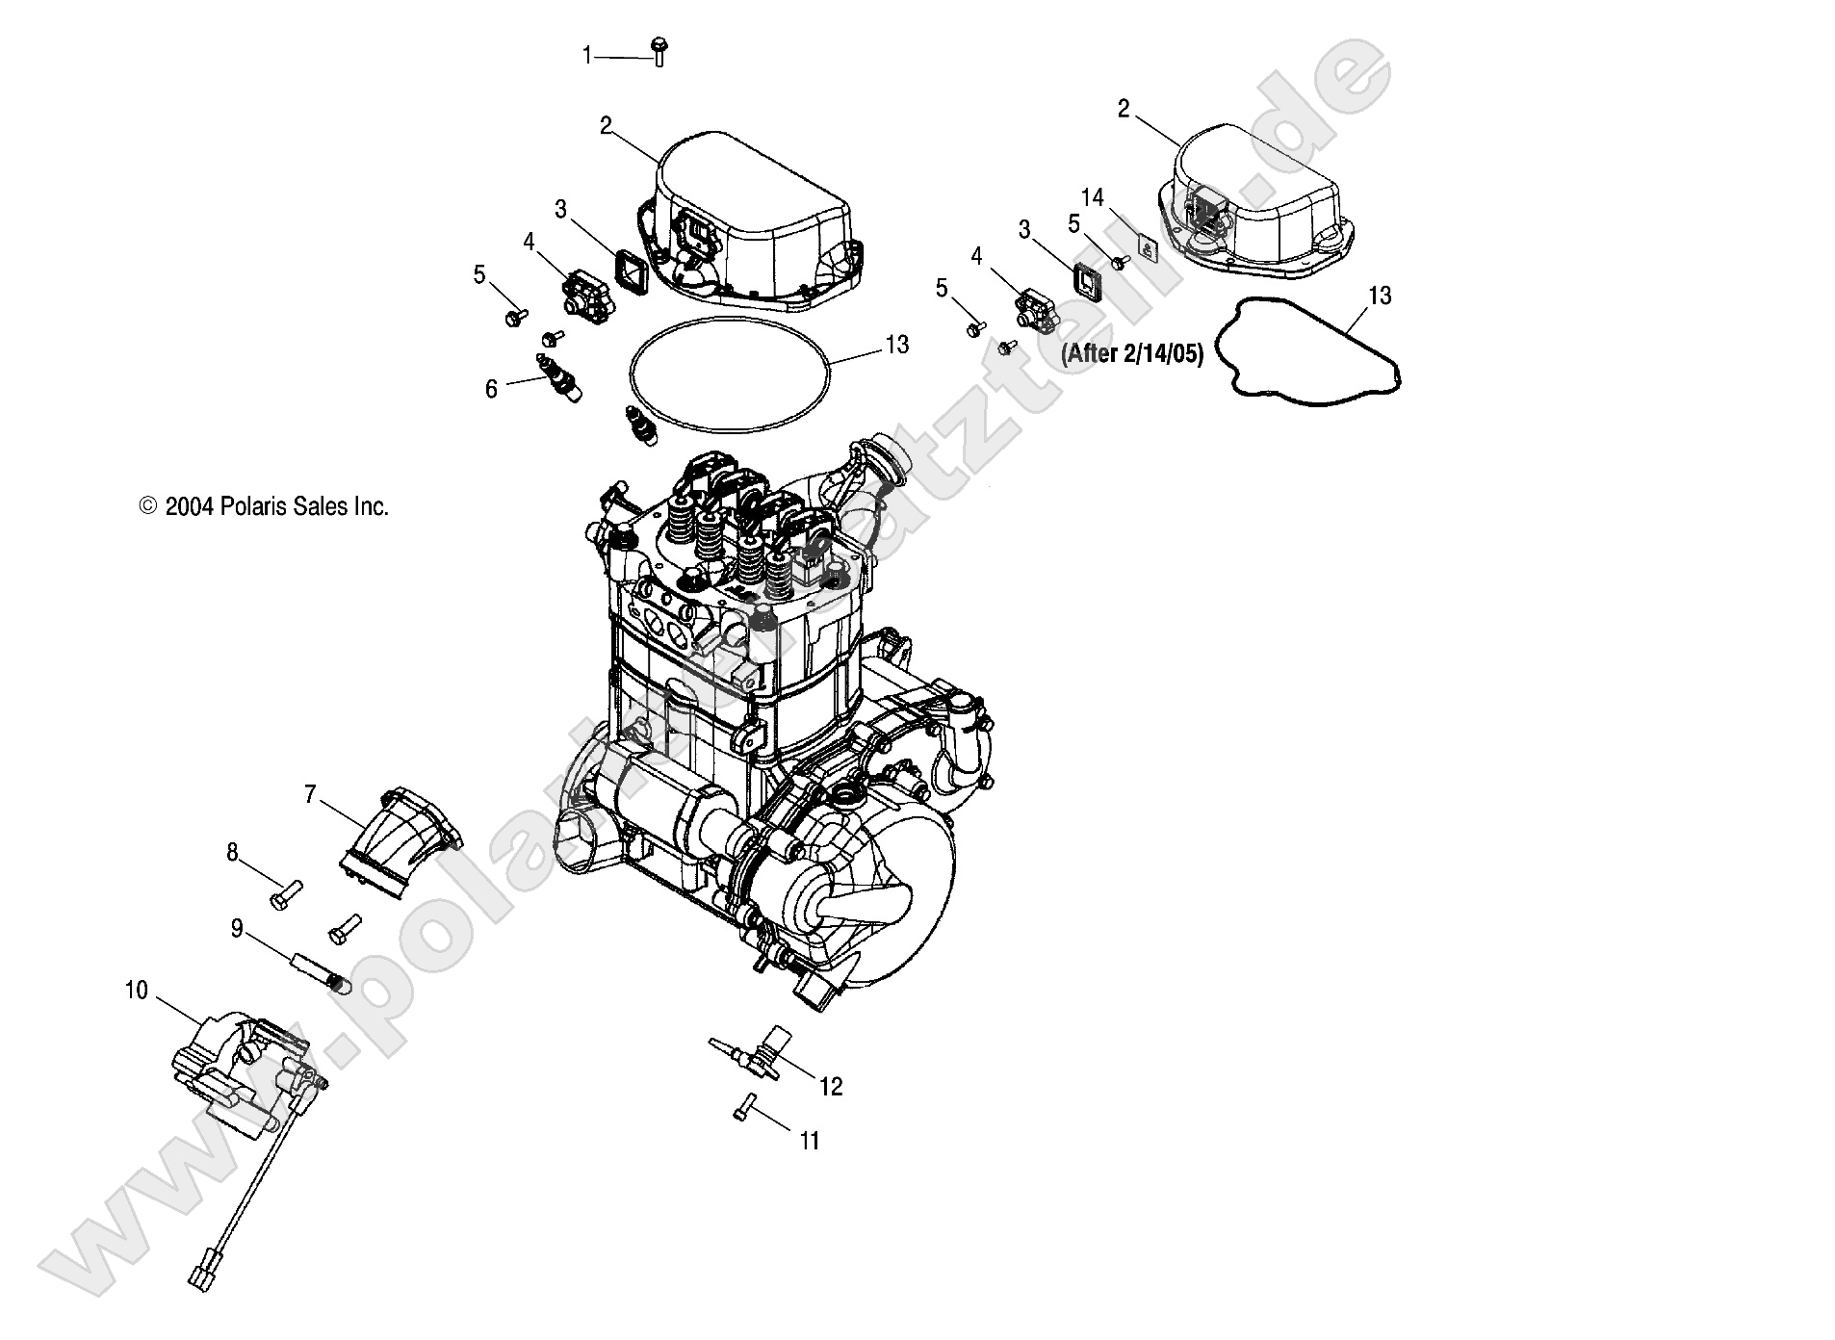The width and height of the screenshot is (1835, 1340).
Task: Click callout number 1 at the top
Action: [x=587, y=56]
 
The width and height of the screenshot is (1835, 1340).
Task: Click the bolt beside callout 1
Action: [x=659, y=52]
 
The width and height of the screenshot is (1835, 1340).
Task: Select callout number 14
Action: [x=1092, y=197]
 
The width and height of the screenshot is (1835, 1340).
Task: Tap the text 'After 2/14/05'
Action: [x=1132, y=354]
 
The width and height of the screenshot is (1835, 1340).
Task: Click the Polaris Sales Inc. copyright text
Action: [x=265, y=507]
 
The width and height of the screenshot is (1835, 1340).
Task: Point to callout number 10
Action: [x=136, y=990]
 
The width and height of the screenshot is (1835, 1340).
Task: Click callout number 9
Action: [x=237, y=929]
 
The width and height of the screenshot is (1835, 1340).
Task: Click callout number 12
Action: [x=830, y=1087]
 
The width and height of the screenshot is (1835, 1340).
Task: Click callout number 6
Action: [x=491, y=389]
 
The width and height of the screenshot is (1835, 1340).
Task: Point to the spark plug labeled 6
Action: [x=556, y=378]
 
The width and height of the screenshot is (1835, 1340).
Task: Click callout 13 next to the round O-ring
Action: [x=896, y=344]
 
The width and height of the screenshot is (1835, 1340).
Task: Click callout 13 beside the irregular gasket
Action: [x=1380, y=296]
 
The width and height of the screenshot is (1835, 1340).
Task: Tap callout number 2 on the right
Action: [x=1124, y=109]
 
